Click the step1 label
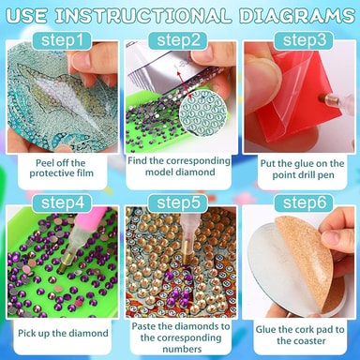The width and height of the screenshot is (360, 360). tap(62, 40)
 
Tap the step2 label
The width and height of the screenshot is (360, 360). tap(178, 40)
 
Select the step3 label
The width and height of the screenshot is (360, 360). tap(304, 40)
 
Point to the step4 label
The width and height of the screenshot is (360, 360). tap(62, 202)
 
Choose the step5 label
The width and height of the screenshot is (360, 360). tap(178, 202)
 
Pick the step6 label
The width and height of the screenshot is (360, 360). tap(304, 202)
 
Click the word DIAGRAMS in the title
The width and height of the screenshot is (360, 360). tap(297, 15)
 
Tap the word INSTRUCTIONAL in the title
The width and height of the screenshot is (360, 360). tap(143, 15)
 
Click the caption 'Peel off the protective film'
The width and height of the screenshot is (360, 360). tap(62, 168)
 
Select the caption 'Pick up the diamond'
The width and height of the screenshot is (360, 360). tap(63, 333)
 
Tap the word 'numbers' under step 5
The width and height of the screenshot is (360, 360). tap(182, 349)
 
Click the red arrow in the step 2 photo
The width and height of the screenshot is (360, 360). tap(182, 82)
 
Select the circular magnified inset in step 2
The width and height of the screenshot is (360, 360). tap(203, 113)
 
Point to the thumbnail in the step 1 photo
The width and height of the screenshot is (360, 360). tap(82, 60)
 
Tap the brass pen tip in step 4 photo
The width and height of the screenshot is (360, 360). tap(66, 262)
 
